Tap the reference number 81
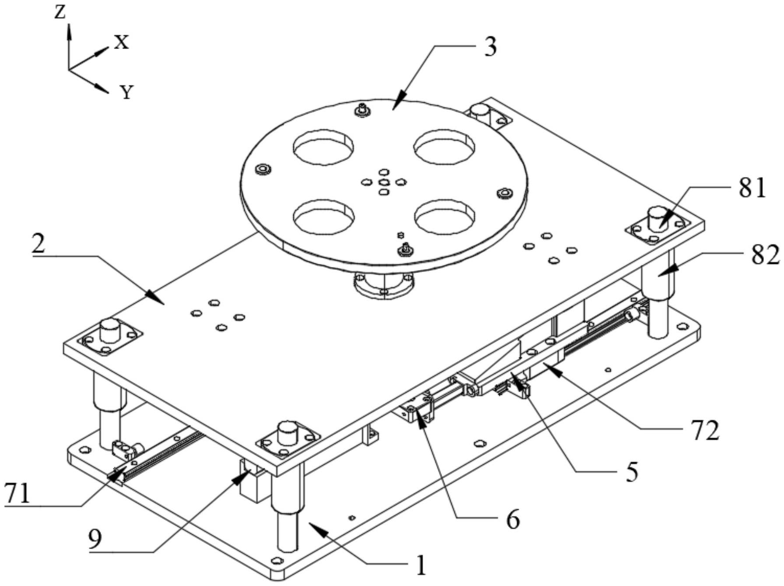pos(752,188)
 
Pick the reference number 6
pos(512,519)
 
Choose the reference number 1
pos(421,565)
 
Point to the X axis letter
pos(121,42)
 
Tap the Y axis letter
pos(127,92)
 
